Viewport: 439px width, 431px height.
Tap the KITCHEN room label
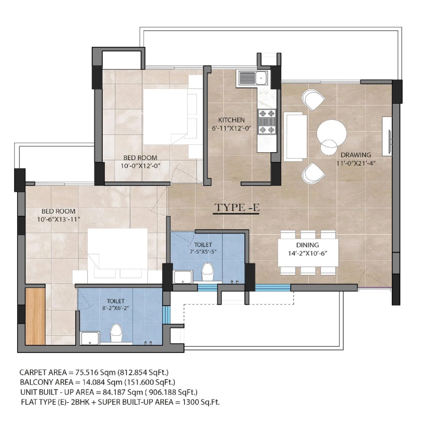click(231, 120)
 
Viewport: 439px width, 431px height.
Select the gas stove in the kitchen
click(267, 122)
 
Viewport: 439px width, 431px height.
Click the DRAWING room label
click(356, 155)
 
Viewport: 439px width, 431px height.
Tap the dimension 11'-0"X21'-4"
click(356, 163)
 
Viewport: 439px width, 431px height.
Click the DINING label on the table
click(308, 245)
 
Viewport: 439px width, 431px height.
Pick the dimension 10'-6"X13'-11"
click(59, 219)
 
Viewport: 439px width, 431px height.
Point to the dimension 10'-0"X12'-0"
click(140, 166)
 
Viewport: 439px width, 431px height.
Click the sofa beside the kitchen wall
click(295, 137)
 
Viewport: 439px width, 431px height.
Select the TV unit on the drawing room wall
click(387, 136)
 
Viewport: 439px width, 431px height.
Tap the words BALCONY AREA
click(46, 382)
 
